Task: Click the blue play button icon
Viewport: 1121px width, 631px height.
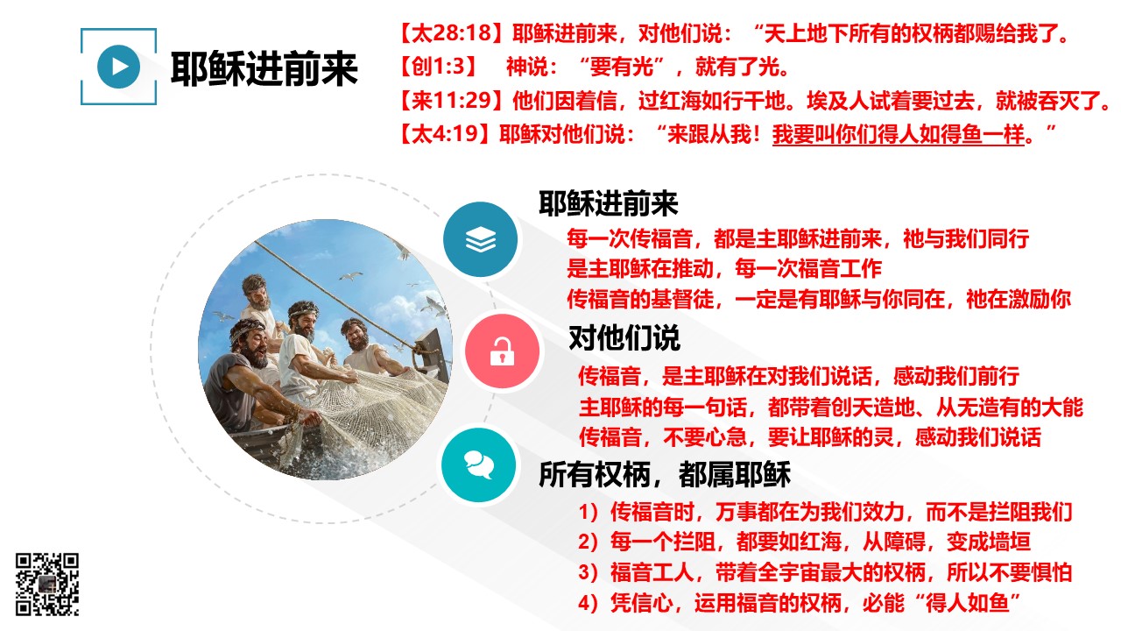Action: (x=118, y=67)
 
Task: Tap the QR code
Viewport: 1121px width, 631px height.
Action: (x=47, y=584)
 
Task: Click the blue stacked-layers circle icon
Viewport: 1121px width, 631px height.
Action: (x=481, y=239)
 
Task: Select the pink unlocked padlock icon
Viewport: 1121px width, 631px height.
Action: (x=502, y=351)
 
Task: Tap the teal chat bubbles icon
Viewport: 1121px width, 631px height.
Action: (x=479, y=464)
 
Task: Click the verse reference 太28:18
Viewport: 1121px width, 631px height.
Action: (x=452, y=33)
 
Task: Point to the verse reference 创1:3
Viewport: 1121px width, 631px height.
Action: (x=438, y=67)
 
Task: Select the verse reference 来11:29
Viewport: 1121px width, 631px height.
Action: (x=452, y=101)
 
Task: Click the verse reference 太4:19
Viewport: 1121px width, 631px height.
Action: (x=446, y=134)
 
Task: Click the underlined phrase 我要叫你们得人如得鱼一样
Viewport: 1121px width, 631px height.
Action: (x=899, y=134)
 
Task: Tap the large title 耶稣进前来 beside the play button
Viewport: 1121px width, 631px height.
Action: (x=264, y=68)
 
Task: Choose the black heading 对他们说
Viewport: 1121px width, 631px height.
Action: (x=624, y=337)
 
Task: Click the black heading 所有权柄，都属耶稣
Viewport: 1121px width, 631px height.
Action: (x=665, y=474)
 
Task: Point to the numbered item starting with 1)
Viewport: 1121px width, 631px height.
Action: (x=825, y=512)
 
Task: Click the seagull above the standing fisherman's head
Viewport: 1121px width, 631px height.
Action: (x=352, y=276)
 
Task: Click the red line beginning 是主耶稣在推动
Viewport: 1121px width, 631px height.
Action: (x=724, y=269)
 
